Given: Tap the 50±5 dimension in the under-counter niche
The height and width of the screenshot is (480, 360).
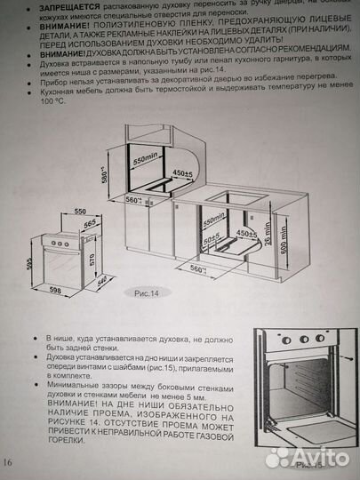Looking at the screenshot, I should click(x=212, y=240).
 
